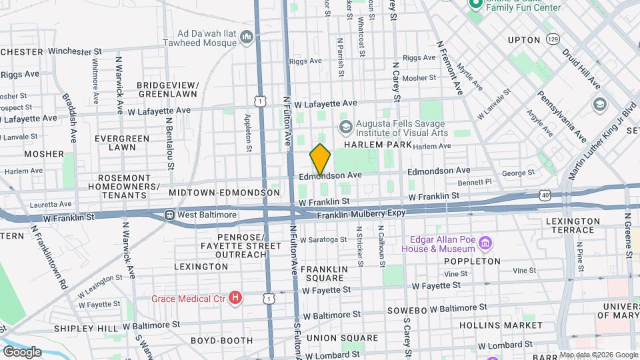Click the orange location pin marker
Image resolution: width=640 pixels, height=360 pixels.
point(320,159)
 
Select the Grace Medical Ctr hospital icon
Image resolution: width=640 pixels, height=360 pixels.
point(235,297)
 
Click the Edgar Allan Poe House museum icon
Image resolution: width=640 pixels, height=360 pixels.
point(486,243)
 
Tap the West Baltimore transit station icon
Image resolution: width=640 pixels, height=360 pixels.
point(170,215)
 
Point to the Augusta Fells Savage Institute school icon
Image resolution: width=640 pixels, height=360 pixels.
point(345,126)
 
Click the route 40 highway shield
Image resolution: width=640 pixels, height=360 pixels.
point(545,195)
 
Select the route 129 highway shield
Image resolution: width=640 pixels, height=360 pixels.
point(552,40)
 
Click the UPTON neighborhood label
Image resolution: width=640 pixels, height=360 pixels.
point(523,40)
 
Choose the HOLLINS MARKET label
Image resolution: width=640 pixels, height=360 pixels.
point(501,325)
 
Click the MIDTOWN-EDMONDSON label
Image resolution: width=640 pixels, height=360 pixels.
point(224,193)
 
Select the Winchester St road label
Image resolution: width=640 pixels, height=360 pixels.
point(75,51)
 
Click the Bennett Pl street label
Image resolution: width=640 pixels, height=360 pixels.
point(475,181)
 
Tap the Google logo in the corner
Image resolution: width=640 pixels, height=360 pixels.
point(21,351)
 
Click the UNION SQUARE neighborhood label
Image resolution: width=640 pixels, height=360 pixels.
point(333,338)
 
